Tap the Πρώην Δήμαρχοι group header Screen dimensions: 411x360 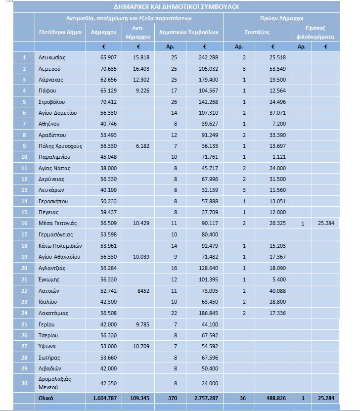click(281, 18)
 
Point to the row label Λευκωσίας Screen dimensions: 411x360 click(52, 57)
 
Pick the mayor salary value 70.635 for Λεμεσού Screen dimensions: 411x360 click(108, 69)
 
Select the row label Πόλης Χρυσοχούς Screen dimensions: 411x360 click(60, 146)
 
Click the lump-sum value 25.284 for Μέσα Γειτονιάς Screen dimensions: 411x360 click(326, 223)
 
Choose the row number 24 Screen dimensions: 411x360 click(24, 313)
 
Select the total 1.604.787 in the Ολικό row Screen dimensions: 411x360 click(104, 398)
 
